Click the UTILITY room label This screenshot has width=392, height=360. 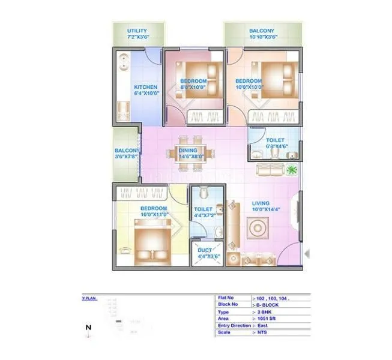click(137, 31)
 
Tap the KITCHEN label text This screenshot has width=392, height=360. click(145, 86)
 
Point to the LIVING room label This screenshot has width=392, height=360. click(261, 203)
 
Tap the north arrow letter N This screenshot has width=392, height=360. click(88, 328)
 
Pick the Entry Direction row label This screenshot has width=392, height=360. click(234, 326)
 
